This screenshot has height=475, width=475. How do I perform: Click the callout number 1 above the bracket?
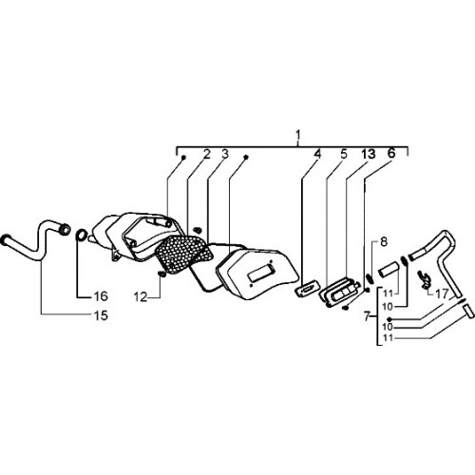pos(297,135)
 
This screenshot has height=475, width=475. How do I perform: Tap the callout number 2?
pos(206,154)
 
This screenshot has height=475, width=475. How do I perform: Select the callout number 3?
pos(225,154)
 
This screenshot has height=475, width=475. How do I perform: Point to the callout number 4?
pos(317,154)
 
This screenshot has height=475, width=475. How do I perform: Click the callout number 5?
pos(344,154)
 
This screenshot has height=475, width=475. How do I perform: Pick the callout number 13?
pos(369,154)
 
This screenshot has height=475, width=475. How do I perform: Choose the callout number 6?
pos(391,153)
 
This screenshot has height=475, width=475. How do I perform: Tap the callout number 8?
pos(384,242)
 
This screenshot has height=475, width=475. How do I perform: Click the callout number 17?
pos(442,294)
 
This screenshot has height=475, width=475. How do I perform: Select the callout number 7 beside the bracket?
pos(367,316)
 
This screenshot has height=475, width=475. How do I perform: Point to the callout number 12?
pos(141,297)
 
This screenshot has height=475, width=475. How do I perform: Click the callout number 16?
pos(101,296)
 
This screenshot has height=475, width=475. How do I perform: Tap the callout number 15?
pos(101,315)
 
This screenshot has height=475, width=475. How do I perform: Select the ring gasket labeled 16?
pos(81,235)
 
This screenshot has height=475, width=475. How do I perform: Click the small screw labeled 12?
pos(161,275)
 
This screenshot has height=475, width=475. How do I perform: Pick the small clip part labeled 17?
pos(425,278)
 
